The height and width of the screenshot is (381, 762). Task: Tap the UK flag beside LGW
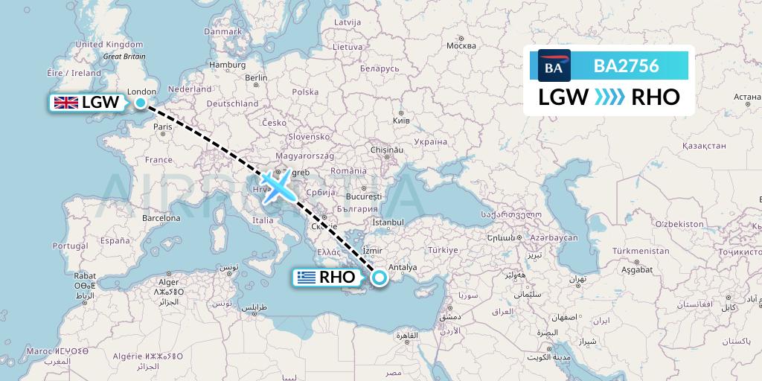65,103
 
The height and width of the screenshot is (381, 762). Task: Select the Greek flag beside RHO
305,278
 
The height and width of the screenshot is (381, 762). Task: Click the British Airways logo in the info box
554,66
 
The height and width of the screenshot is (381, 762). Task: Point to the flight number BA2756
626,66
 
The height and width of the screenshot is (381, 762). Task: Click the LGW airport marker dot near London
141,103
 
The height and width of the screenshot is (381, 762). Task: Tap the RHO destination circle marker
380,278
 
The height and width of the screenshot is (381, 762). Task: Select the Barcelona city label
161,219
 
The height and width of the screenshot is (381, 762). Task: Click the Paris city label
162,127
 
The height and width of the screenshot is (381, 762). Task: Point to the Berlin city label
256,78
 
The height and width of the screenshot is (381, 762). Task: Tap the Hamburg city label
228,65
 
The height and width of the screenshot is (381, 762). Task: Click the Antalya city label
404,268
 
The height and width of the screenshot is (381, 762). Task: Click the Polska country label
305,92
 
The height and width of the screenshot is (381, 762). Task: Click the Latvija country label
347,22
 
